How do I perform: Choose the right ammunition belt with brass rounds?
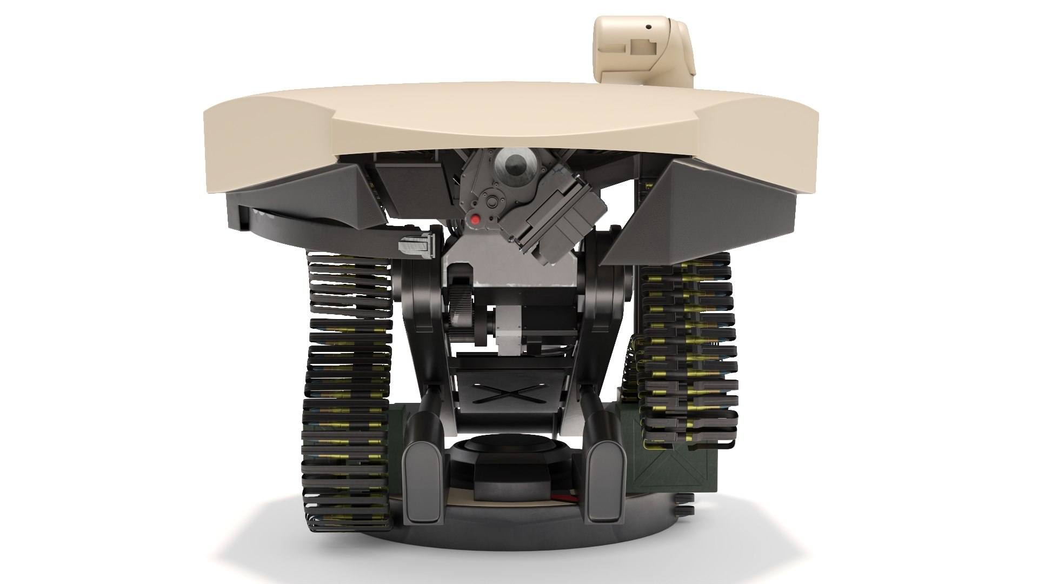pyautogui.click(x=687, y=351)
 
